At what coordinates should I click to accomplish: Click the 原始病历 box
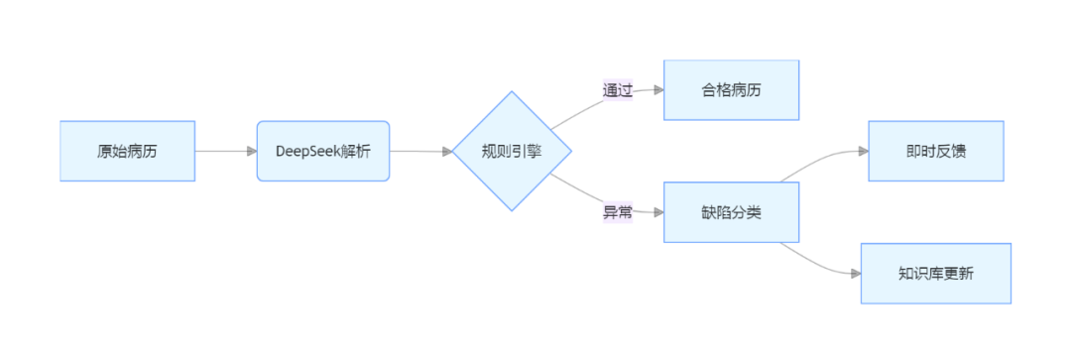127,151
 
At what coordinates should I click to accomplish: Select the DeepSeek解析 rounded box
323,151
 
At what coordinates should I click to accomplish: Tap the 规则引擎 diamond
512,151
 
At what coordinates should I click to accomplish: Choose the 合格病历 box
731,90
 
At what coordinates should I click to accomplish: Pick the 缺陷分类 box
731,211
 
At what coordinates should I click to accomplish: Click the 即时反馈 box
935,151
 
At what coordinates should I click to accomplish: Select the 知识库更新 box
935,273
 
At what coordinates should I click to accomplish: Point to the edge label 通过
618,90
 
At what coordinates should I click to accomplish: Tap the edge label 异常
618,211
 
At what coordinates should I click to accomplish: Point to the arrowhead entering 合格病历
657,90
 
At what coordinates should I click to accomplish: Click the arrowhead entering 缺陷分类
657,211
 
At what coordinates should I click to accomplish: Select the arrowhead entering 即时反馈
863,151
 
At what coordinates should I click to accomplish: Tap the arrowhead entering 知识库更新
855,273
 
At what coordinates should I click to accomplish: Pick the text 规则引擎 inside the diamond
512,151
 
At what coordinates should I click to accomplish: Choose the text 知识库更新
935,273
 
